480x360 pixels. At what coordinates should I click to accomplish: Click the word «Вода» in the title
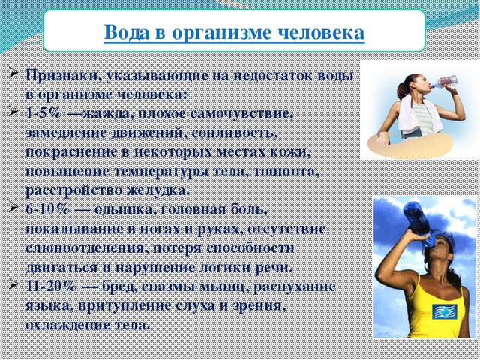[127, 32]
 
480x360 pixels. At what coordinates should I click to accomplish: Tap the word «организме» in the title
[222, 34]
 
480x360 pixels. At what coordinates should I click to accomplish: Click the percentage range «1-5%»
[43, 113]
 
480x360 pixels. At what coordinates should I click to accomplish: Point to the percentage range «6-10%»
[48, 210]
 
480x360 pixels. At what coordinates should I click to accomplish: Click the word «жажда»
[107, 114]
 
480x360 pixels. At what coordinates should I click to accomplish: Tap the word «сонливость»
[235, 133]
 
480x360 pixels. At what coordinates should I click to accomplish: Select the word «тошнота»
[286, 172]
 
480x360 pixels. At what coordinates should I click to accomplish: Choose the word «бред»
[120, 286]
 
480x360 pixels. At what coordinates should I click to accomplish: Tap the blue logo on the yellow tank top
[445, 311]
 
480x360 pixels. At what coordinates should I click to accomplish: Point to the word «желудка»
[157, 191]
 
